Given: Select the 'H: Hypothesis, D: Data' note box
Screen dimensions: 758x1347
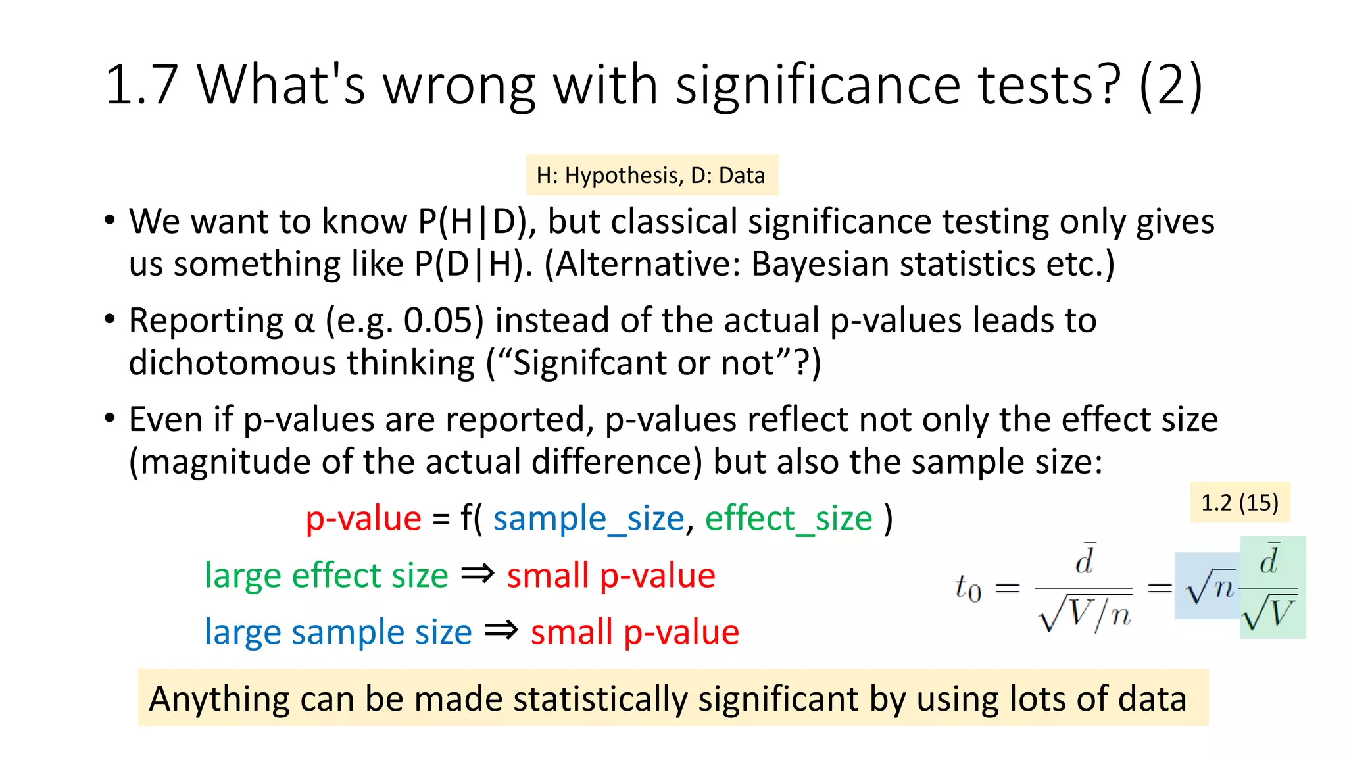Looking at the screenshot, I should pos(651,175).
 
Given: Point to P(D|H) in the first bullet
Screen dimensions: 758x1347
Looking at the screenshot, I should pos(472,264).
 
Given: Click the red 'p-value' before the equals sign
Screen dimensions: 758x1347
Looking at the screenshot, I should pos(363,518).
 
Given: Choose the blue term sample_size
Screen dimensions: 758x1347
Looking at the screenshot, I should pos(589,518).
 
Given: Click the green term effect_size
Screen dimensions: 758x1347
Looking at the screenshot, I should pos(789,518).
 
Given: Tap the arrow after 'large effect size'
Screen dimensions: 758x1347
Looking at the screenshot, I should pos(478,574).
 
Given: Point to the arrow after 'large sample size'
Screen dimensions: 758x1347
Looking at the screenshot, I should pos(501,631).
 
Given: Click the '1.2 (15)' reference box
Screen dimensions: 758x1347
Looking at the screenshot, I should pos(1240,503).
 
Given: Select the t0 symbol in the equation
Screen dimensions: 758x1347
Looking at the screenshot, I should pos(968,588).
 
